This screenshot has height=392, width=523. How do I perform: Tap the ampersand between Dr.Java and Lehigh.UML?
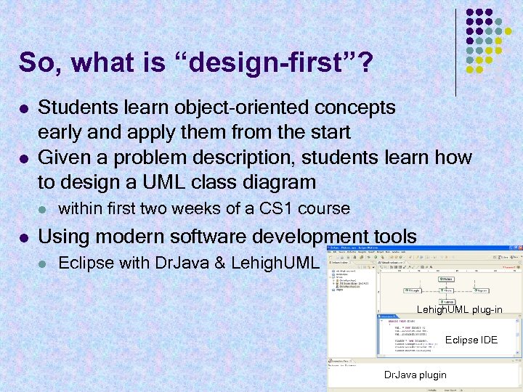click(x=221, y=263)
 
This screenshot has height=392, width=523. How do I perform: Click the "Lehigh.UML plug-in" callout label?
click(x=459, y=310)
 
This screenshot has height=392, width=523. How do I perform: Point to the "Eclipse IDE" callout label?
click(x=471, y=340)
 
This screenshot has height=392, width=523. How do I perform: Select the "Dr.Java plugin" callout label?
click(x=415, y=375)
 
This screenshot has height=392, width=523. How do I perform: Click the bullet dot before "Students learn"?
click(x=24, y=108)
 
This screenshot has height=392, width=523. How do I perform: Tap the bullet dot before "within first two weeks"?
click(x=44, y=210)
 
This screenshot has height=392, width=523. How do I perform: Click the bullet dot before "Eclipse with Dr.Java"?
click(x=44, y=264)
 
